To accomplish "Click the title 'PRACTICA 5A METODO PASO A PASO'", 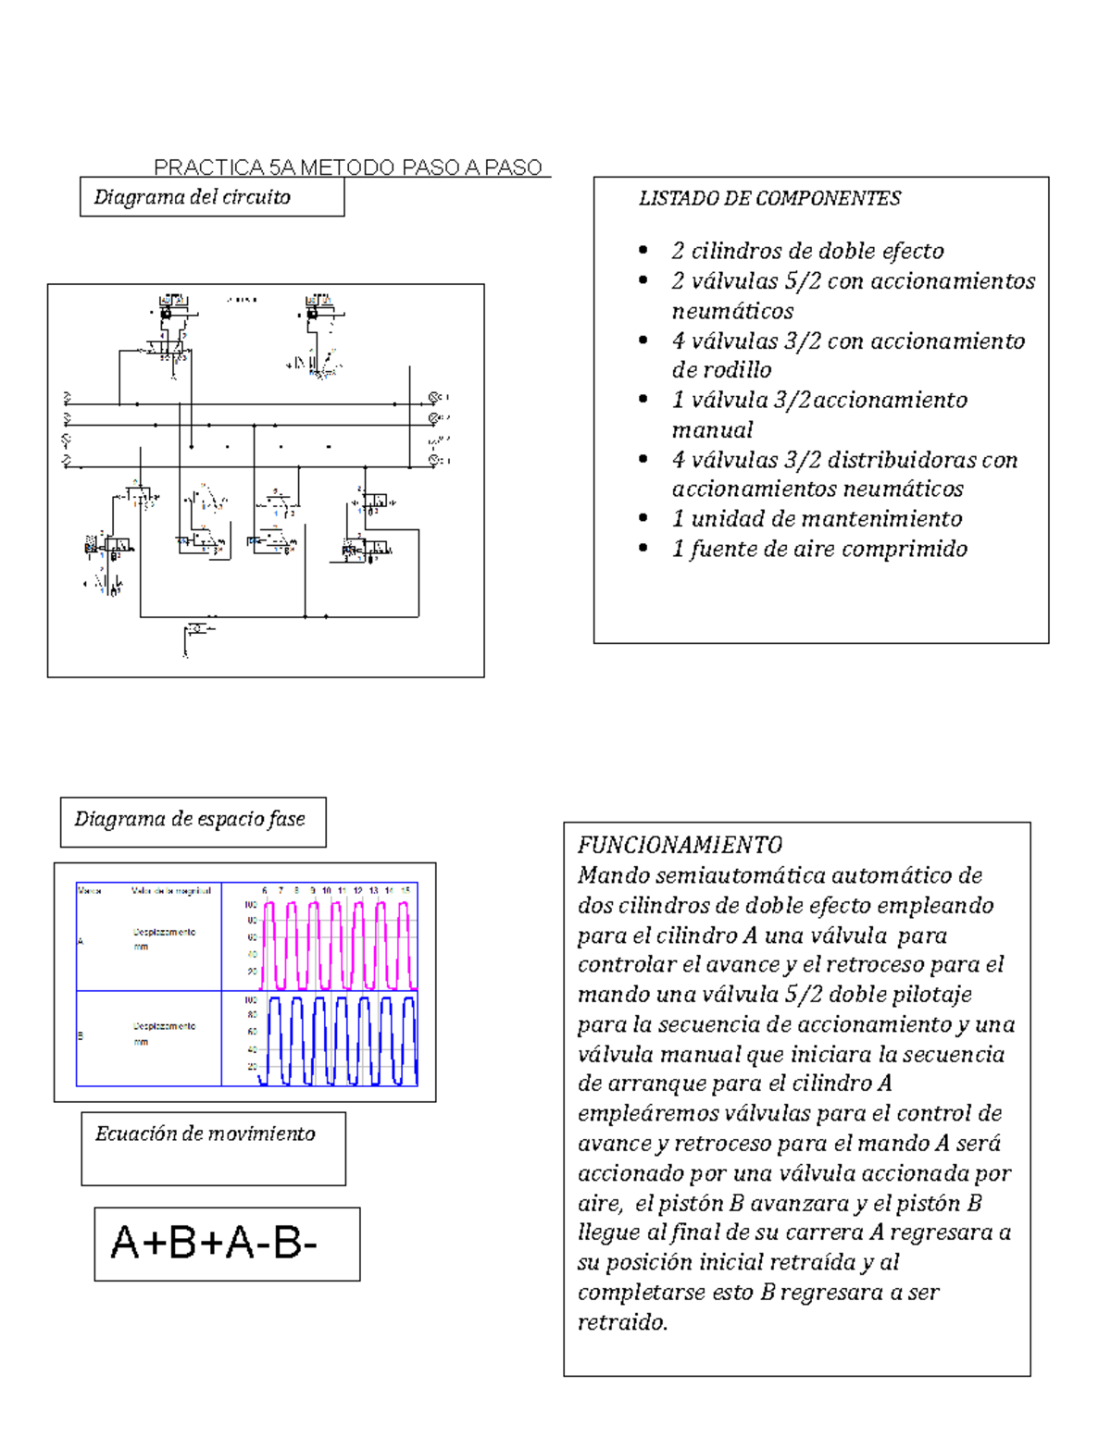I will pos(348,167).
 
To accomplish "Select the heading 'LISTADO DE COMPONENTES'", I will pos(769,198).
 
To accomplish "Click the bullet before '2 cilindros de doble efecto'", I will pos(643,251).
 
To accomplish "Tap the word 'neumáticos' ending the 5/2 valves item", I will pos(732,311).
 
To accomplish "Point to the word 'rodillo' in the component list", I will pos(738,370).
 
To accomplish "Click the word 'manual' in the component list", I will pos(712,430).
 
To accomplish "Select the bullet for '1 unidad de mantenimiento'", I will pos(643,519).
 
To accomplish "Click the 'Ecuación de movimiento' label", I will pos(206,1133).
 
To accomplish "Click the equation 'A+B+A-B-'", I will pos(215,1243).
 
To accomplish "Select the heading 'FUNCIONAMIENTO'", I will pos(680,845).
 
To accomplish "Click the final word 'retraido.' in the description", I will pos(622,1322).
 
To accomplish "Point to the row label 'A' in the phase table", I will pos(81,941).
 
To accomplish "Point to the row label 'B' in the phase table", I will pos(81,1035).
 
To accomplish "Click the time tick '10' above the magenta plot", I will pos(327,890).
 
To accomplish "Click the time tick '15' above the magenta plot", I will pos(406,890).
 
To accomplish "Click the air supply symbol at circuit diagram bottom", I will pos(196,630).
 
